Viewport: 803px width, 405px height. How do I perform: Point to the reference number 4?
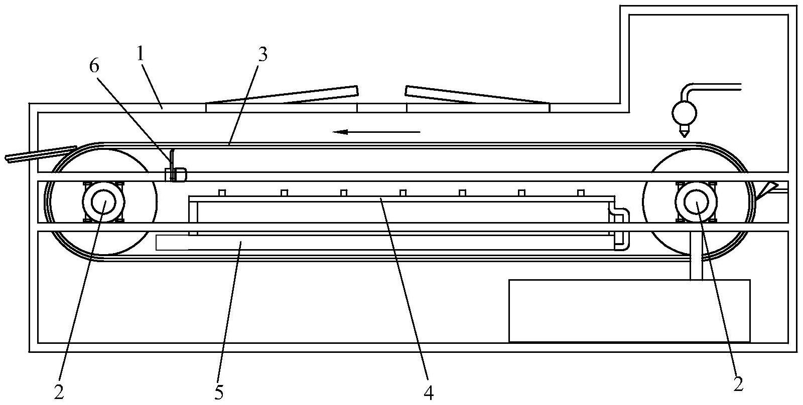click(x=428, y=393)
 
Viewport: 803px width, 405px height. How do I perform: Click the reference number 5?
click(x=219, y=393)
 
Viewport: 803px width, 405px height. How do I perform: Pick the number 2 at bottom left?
click(x=59, y=393)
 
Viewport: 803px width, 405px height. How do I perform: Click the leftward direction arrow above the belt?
click(x=376, y=132)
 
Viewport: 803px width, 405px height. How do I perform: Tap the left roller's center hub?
click(x=103, y=201)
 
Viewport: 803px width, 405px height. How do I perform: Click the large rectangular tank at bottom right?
click(x=629, y=311)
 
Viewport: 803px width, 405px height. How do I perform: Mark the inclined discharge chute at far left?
click(x=40, y=154)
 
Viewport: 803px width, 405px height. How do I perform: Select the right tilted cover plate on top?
click(x=477, y=96)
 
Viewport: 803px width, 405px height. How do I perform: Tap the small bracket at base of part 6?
click(x=176, y=175)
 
